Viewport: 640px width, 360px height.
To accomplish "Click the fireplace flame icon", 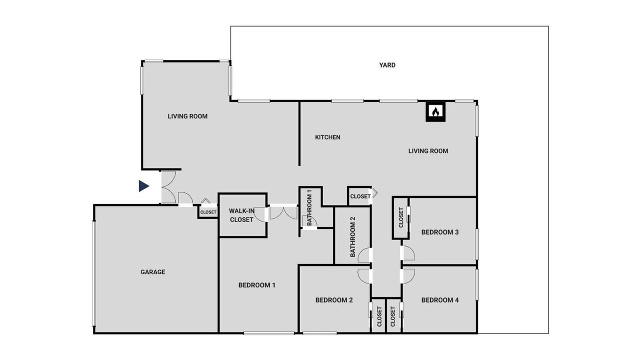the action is point(435,111).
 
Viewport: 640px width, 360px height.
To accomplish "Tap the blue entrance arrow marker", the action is point(143,186).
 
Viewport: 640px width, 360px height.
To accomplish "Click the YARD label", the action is point(387,65).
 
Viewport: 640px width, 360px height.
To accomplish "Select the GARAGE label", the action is point(152,272).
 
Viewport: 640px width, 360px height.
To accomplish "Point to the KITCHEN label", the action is point(327,137).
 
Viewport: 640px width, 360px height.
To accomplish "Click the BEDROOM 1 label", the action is point(257,285).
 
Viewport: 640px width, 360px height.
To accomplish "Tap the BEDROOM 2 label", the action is point(334,300).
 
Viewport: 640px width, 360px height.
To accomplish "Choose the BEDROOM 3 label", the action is point(440,232).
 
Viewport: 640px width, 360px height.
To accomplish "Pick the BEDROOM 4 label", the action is point(440,300).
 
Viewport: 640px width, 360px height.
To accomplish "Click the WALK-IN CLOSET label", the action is point(241,215).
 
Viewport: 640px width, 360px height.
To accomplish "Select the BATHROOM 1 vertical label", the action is point(309,207).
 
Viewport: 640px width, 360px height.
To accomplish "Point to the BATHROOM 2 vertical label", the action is point(352,236).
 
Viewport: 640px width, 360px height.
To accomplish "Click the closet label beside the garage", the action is point(208,212).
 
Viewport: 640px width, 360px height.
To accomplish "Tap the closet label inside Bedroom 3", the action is point(400,217).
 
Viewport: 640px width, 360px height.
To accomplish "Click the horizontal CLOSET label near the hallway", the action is point(360,196).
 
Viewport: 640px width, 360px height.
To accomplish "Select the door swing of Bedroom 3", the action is point(408,253).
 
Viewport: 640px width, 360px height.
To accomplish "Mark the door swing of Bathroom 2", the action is point(364,255).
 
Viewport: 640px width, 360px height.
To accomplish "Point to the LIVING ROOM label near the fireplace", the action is point(428,151).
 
